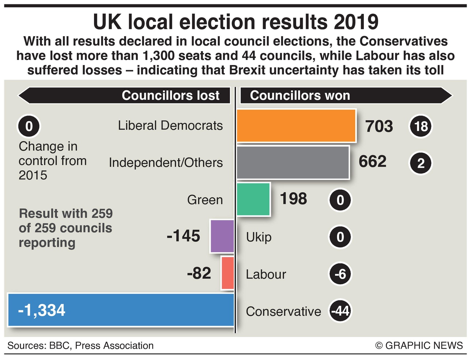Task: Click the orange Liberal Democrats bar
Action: click(x=296, y=126)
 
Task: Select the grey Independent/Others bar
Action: click(x=293, y=163)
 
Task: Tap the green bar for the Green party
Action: click(x=253, y=200)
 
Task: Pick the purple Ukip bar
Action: click(x=222, y=236)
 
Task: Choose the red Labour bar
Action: click(x=227, y=273)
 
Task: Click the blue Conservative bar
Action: click(x=121, y=310)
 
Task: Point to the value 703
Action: click(x=379, y=126)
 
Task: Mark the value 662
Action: click(x=372, y=162)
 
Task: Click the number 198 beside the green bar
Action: click(x=293, y=199)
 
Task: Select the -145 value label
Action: click(x=183, y=236)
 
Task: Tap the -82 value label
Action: click(x=199, y=273)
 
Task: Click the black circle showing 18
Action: click(x=421, y=126)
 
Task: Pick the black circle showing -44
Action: click(x=340, y=311)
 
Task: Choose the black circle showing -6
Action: click(x=340, y=274)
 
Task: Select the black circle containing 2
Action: click(x=421, y=163)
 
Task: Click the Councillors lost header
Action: click(x=170, y=95)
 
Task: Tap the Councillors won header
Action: click(x=300, y=95)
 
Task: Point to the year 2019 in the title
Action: click(x=356, y=22)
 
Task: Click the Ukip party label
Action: click(x=259, y=237)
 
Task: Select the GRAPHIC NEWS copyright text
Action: click(x=419, y=345)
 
